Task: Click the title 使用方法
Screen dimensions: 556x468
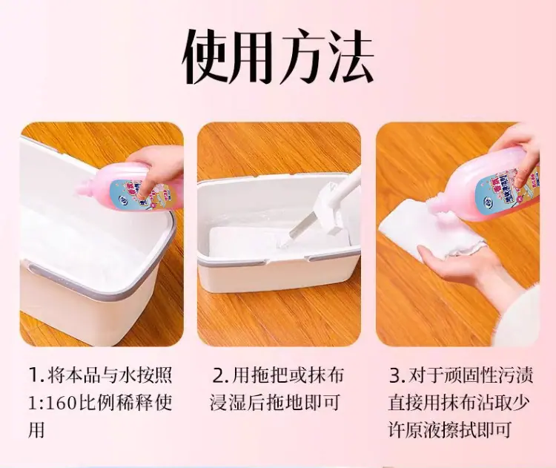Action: click(278, 56)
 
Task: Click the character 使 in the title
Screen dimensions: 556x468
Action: click(205, 56)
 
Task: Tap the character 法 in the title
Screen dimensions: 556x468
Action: click(351, 56)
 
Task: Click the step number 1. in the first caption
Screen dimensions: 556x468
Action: click(36, 375)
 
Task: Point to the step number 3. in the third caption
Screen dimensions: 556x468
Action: click(397, 376)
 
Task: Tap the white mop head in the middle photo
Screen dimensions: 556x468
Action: click(329, 205)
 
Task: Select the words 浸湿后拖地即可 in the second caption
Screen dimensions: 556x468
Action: click(275, 402)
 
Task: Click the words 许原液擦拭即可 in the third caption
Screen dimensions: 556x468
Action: click(450, 430)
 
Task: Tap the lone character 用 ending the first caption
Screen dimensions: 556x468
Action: click(36, 430)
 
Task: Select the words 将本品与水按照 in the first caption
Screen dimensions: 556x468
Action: click(110, 375)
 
